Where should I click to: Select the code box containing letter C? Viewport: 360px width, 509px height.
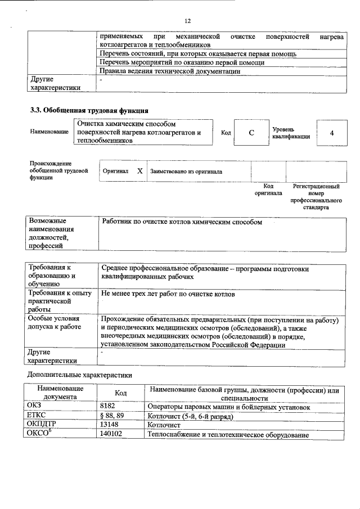[251, 133]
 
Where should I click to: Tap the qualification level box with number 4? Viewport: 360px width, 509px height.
[332, 133]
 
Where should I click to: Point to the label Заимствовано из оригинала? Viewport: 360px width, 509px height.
[186, 171]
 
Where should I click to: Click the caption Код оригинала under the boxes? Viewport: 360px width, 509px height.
[268, 190]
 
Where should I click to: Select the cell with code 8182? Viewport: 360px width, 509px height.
[107, 407]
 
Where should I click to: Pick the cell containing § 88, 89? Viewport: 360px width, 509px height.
[111, 416]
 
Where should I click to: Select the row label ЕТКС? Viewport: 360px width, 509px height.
[37, 416]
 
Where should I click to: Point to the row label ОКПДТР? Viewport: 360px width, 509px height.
[42, 425]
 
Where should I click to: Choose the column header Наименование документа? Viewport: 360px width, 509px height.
[61, 393]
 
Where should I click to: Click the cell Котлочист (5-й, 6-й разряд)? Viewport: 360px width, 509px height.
[190, 416]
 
